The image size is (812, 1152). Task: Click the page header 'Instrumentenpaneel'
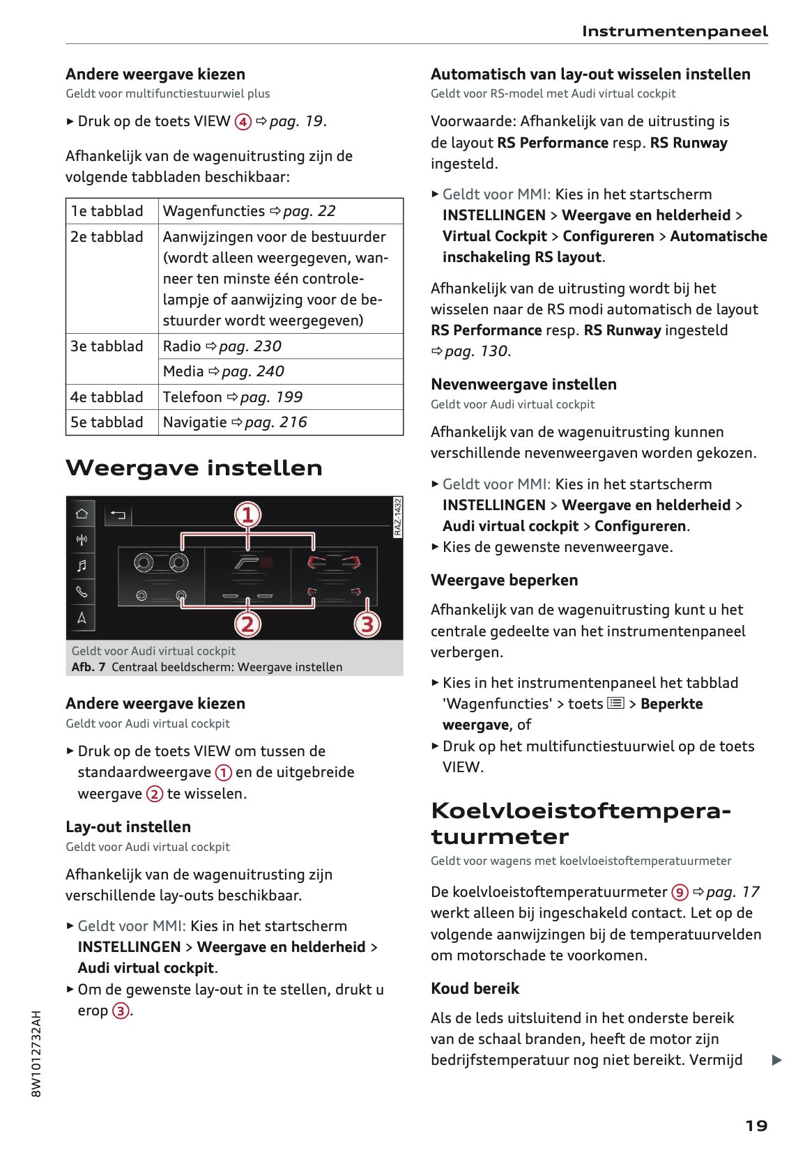click(x=674, y=31)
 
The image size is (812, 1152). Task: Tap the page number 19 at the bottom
click(x=756, y=1126)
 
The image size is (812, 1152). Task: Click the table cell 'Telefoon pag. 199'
click(x=232, y=397)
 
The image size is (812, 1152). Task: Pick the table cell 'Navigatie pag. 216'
click(x=234, y=422)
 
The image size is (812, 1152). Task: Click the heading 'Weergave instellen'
click(x=194, y=468)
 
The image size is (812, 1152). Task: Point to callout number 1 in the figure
click(x=247, y=515)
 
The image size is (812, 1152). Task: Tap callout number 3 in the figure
click(x=367, y=624)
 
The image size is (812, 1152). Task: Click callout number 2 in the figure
click(x=247, y=624)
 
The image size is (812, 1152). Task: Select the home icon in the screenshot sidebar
click(x=82, y=514)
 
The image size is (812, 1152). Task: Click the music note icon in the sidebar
click(x=82, y=565)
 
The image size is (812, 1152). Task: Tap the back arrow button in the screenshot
click(x=118, y=515)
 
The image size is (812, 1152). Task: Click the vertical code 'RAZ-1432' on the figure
click(x=397, y=517)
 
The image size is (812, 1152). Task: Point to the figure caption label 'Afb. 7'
click(x=89, y=667)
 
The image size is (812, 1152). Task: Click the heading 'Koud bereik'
click(x=475, y=988)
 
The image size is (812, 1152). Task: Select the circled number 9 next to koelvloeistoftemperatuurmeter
click(x=680, y=892)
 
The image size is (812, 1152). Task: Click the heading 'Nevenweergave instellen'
click(x=523, y=384)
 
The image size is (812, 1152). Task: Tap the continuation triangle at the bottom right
click(x=777, y=1061)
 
